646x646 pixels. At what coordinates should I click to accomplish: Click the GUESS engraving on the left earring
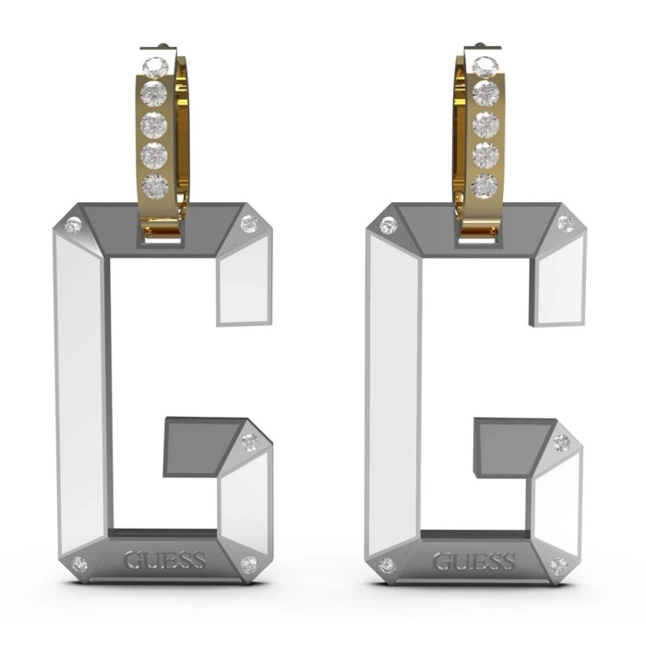164,560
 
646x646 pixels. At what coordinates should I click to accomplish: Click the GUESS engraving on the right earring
473,561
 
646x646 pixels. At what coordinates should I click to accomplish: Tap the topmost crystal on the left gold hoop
155,67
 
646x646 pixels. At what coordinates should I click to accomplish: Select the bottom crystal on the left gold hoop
154,186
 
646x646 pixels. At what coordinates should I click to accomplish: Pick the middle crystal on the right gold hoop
485,125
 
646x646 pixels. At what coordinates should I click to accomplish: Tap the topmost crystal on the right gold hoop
485,66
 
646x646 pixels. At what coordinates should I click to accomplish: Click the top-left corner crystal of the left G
73,225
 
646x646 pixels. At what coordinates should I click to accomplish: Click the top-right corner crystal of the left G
248,223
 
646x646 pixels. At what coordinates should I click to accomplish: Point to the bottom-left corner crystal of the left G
79,564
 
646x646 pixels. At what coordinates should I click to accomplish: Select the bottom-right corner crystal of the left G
249,565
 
